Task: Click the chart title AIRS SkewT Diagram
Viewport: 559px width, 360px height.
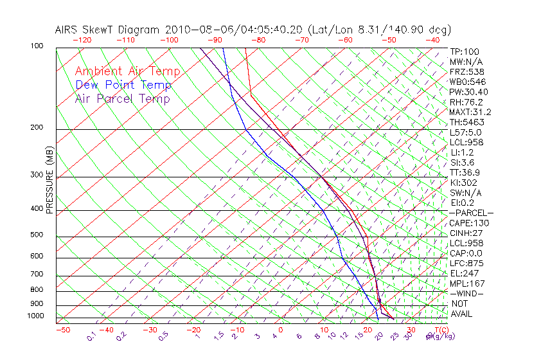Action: (x=109, y=30)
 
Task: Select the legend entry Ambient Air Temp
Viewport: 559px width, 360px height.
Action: (x=127, y=71)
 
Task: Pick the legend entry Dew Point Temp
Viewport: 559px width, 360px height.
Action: (x=123, y=85)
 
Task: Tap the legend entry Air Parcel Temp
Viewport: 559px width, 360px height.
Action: (x=122, y=98)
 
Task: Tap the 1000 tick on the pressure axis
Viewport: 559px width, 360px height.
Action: (x=35, y=316)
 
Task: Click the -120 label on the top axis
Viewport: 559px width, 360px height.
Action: (x=82, y=39)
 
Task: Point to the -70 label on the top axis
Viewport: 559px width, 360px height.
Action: (x=301, y=39)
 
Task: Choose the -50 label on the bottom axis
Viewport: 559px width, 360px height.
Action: (x=62, y=330)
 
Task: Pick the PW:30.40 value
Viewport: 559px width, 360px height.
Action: (x=469, y=92)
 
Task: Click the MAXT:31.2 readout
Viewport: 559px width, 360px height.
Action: (x=470, y=112)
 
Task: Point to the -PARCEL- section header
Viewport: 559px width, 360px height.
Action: (x=471, y=213)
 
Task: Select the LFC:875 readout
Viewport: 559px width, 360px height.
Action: (x=466, y=264)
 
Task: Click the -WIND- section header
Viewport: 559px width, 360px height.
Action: (x=466, y=293)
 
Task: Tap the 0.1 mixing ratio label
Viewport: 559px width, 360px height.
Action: (x=92, y=336)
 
